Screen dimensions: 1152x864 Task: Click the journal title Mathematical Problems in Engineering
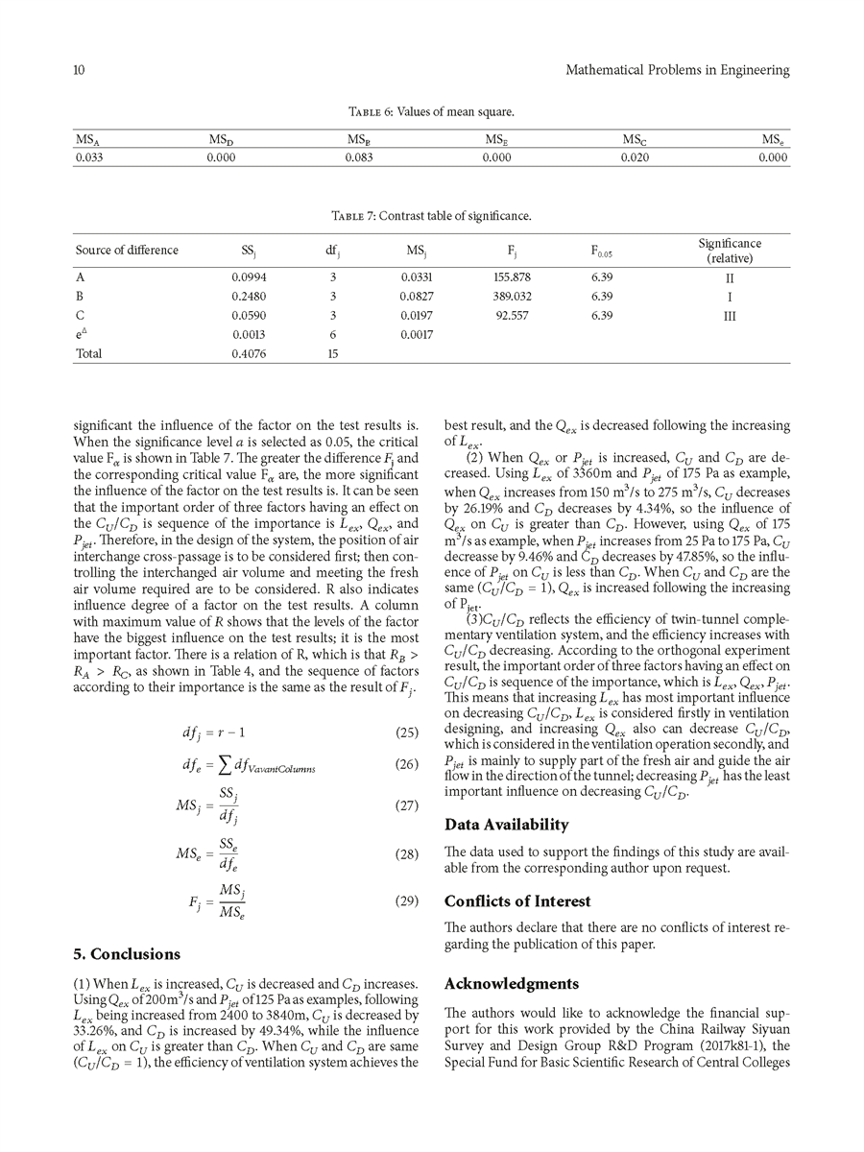pyautogui.click(x=678, y=70)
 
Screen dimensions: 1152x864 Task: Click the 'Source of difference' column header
pyautogui.click(x=127, y=251)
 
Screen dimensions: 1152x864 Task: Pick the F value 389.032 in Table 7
pyautogui.click(x=513, y=297)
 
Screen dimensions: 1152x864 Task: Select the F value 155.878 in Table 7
pyautogui.click(x=513, y=277)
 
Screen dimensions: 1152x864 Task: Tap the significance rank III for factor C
pyautogui.click(x=729, y=315)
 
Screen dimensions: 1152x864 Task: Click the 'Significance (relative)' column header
pyautogui.click(x=729, y=251)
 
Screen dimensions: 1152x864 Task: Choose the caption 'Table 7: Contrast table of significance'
pyautogui.click(x=431, y=216)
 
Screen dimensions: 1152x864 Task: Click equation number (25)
pyautogui.click(x=408, y=707)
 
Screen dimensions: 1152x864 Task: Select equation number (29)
pyautogui.click(x=408, y=901)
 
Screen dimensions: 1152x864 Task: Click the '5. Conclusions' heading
pyautogui.click(x=127, y=954)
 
